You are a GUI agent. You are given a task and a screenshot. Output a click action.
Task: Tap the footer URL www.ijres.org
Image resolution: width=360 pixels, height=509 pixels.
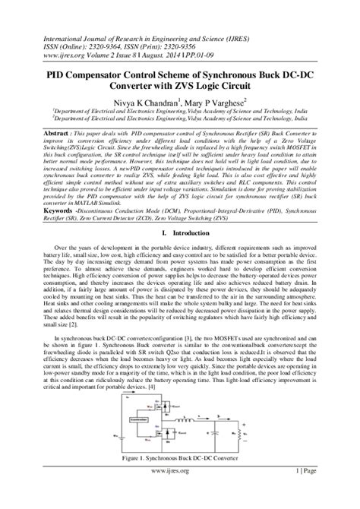point(181,492)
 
